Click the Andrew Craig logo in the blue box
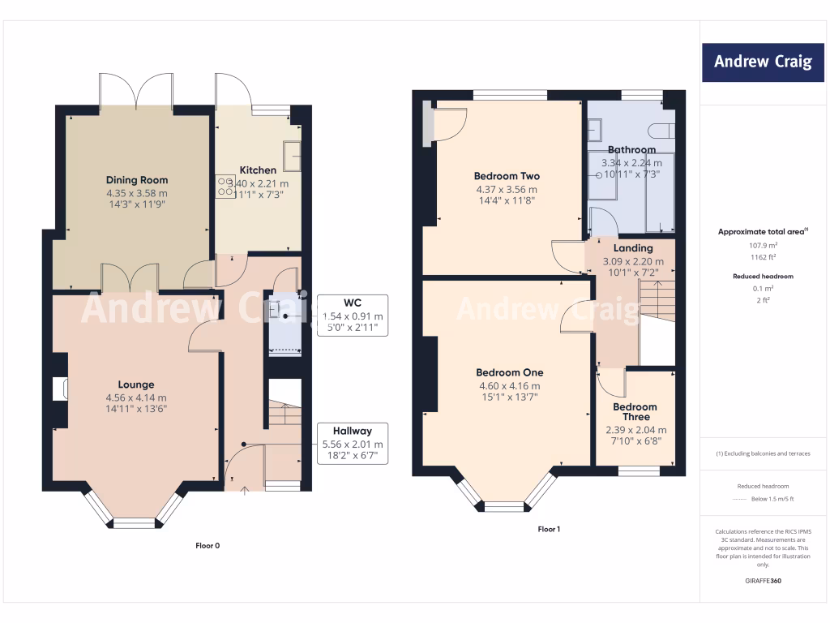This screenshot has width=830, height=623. click(x=762, y=62)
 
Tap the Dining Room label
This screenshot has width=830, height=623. click(x=136, y=180)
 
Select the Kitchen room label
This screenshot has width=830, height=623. click(x=258, y=170)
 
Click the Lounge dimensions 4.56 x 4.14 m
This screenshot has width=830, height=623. click(x=136, y=397)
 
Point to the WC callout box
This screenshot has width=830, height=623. click(x=353, y=315)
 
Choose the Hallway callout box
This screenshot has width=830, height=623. click(x=353, y=444)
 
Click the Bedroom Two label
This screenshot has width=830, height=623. click(x=507, y=176)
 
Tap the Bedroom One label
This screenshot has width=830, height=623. click(x=509, y=373)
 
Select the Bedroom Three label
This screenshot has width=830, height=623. click(x=635, y=412)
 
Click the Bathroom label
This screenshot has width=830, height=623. click(x=631, y=150)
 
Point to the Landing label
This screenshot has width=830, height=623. click(x=633, y=248)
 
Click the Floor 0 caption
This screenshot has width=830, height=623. click(x=207, y=546)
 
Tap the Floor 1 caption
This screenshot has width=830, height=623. click(x=549, y=529)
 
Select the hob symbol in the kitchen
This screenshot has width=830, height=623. click(x=225, y=187)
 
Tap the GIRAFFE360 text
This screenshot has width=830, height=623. click(x=762, y=581)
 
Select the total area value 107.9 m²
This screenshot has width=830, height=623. click(x=762, y=245)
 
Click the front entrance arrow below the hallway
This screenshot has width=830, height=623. click(x=246, y=491)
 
